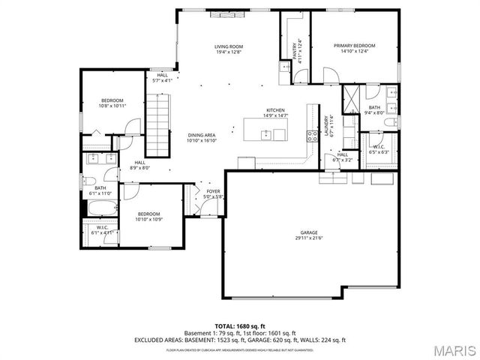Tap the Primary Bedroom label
click(355, 46)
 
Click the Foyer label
click(214, 192)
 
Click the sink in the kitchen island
click(265, 135)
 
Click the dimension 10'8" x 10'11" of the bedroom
click(113, 106)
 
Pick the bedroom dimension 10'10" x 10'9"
click(148, 219)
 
